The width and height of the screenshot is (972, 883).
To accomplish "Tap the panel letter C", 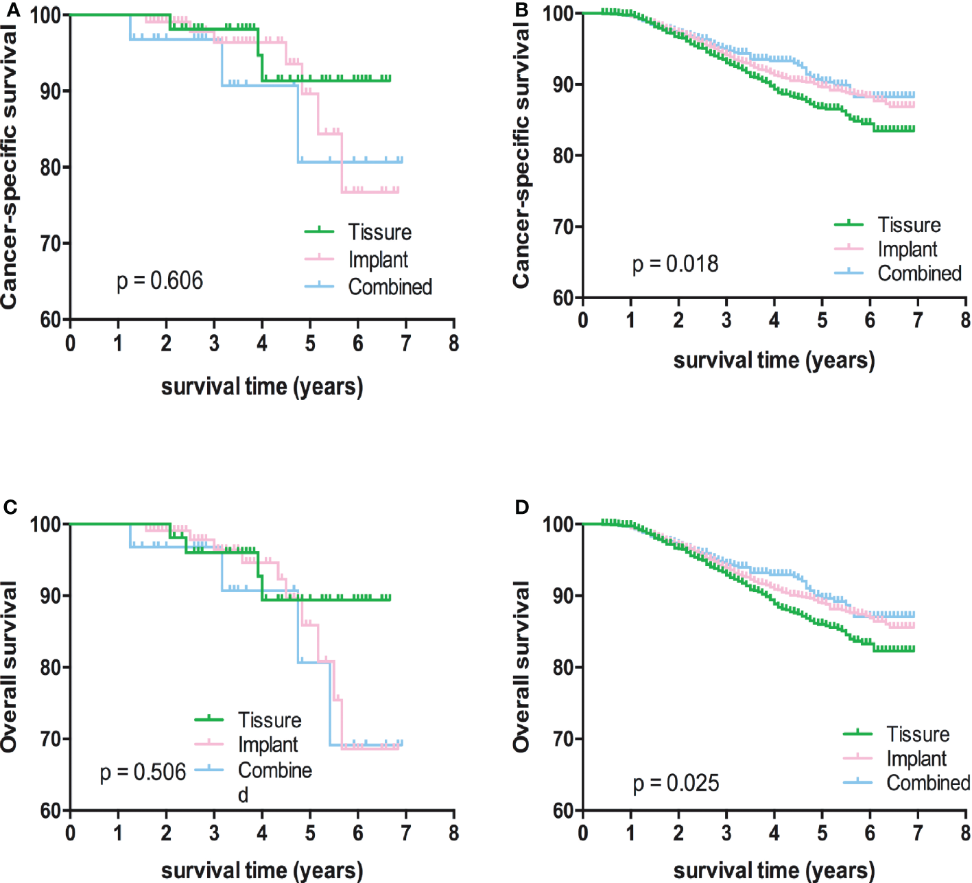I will pos(9,507).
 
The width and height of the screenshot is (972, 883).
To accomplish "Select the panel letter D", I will pos(521,507).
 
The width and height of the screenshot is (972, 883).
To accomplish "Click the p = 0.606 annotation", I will pos(160,281).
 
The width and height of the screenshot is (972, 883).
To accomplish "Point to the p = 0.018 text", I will pos(675,263).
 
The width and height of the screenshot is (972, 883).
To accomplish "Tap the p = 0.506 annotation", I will pos(143,773).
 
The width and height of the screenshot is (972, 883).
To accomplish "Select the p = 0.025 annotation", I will pos(676,783).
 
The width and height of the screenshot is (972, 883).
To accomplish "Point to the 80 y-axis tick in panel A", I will pos(51,167).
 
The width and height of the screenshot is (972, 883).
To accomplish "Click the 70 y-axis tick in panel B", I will pos(564,226).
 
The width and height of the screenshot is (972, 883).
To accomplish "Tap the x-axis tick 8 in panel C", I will pos(453,833).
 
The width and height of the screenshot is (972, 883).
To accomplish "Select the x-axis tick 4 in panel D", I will pos(774,833).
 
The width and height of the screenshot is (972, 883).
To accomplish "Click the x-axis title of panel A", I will pos(261,387).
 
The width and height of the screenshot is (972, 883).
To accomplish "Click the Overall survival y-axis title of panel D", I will pos(521,666).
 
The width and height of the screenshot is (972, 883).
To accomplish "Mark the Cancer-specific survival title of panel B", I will pos(521,155).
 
